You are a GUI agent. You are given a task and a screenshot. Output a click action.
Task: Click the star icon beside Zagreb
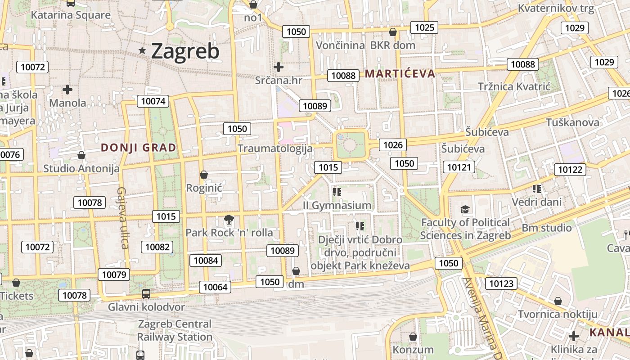pyautogui.click(x=142, y=51)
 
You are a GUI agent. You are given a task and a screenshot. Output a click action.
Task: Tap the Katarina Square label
pyautogui.click(x=71, y=15)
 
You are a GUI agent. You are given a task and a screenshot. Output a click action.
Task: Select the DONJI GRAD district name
pyautogui.click(x=138, y=147)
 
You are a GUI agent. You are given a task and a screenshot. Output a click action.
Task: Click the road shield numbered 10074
pyautogui.click(x=153, y=101)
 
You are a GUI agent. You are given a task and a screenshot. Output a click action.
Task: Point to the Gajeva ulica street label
pyautogui.click(x=123, y=218)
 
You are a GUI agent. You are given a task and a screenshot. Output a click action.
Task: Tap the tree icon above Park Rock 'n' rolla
pyautogui.click(x=229, y=220)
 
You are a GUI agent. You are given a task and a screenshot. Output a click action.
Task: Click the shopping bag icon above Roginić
pyautogui.click(x=204, y=175)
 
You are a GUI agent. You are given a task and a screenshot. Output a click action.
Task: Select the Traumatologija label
pyautogui.click(x=275, y=148)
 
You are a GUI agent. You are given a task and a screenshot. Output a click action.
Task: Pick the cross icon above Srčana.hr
pyautogui.click(x=279, y=67)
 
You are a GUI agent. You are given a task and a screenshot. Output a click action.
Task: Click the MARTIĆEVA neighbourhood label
pyautogui.click(x=400, y=74)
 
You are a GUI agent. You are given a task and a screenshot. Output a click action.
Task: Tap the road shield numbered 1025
pyautogui.click(x=424, y=27)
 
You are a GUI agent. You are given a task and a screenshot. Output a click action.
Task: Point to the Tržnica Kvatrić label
pyautogui.click(x=514, y=86)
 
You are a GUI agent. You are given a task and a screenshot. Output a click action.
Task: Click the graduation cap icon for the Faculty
pyautogui.click(x=465, y=210)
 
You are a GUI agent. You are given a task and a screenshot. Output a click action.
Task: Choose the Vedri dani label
pyautogui.click(x=537, y=202)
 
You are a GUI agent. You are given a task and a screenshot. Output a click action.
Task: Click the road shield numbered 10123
pyautogui.click(x=501, y=283)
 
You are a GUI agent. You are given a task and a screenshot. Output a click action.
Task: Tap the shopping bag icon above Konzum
pyautogui.click(x=413, y=337)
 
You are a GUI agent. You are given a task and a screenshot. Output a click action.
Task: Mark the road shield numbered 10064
pyautogui.click(x=216, y=287)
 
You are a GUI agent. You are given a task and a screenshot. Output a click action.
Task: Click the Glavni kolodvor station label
pyautogui.click(x=146, y=307)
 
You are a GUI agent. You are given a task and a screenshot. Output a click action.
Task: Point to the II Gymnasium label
pyautogui.click(x=337, y=206)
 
